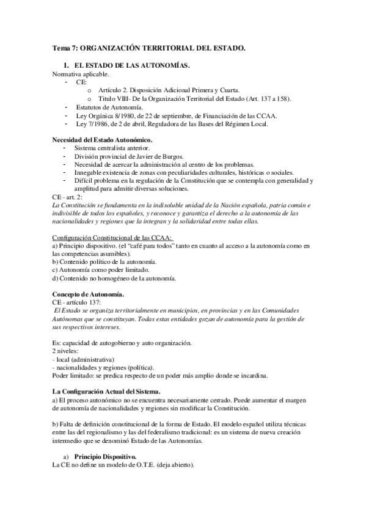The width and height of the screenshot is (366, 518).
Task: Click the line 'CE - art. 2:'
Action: pos(70,199)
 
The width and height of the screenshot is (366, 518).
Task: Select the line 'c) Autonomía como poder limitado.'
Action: pos(103,270)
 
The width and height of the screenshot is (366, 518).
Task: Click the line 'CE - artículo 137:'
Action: pos(79,302)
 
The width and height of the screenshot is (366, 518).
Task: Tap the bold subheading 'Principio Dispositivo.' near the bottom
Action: pos(106,456)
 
